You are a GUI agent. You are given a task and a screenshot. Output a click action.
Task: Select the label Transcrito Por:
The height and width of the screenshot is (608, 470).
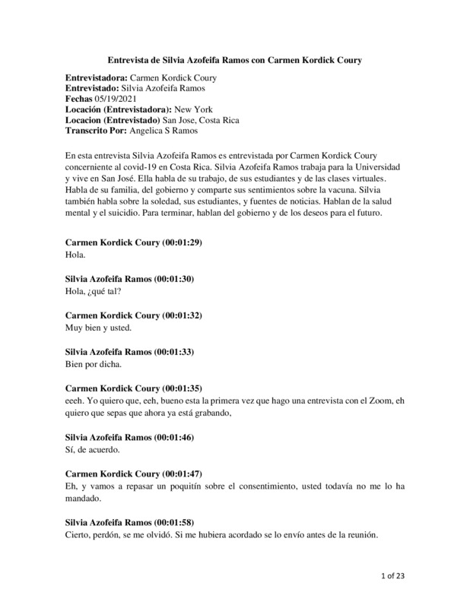click(97, 131)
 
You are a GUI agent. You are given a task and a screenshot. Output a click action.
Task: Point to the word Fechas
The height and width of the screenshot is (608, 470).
click(83, 99)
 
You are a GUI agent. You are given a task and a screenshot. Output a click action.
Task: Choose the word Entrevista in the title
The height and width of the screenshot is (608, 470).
click(130, 59)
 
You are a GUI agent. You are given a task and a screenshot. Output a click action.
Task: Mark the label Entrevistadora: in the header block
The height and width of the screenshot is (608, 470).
click(98, 78)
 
